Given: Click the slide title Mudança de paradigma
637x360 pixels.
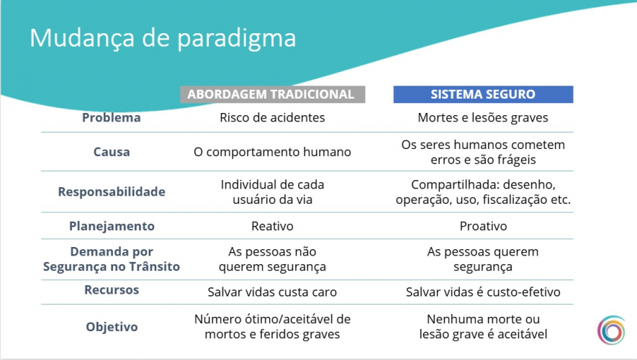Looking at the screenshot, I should click(162, 37).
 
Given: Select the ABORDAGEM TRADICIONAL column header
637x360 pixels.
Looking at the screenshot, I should click(271, 94).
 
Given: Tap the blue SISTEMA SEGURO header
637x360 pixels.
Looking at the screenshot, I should click(482, 94).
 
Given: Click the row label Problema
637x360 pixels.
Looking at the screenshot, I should click(112, 118).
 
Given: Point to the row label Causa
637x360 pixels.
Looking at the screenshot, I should click(112, 152).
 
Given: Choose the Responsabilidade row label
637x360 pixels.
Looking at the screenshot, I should click(112, 192).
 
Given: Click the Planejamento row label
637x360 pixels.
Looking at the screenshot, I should click(112, 226).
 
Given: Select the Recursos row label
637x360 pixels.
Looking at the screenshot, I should click(112, 290).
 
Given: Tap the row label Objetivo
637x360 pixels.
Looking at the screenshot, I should click(112, 326).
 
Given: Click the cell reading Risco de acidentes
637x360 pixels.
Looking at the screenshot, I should click(272, 118).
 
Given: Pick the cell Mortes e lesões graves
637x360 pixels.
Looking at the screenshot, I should click(483, 118).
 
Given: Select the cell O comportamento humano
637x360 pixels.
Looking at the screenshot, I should click(272, 152).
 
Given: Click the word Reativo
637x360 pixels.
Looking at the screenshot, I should click(272, 226).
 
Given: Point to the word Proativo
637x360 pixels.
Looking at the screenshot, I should click(483, 226).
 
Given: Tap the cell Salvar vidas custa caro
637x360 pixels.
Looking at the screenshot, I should click(272, 292).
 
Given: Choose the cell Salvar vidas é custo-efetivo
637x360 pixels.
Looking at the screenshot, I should click(483, 292).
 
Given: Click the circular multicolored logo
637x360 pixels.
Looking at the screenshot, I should click(611, 330).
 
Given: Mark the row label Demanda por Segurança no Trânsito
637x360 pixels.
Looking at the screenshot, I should click(112, 259).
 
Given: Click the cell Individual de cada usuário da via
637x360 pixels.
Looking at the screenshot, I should click(272, 192).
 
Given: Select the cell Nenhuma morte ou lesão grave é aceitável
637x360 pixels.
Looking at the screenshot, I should click(483, 326).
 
